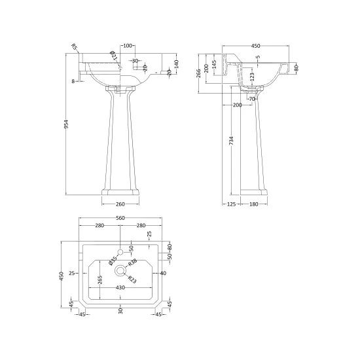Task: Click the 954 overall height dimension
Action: (66, 124)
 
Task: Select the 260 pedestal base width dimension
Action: (120, 204)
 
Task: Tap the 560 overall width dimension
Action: (120, 218)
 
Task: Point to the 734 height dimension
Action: (231, 141)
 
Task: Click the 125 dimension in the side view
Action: (231, 204)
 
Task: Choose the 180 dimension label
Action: (254, 204)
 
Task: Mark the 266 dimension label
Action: (199, 73)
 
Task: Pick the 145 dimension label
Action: (214, 65)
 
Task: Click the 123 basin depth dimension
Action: (252, 77)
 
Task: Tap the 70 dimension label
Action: (252, 99)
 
